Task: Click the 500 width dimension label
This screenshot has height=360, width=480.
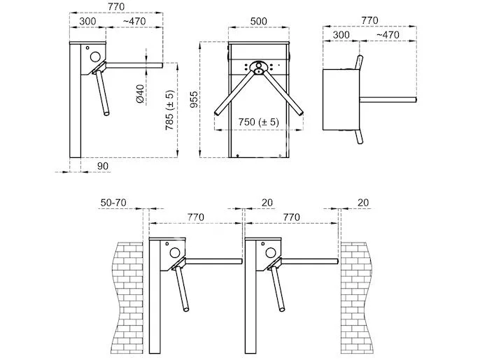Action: click(x=259, y=22)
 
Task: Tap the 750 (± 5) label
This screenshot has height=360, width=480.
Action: click(x=258, y=121)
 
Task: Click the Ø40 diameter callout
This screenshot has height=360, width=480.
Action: click(x=140, y=94)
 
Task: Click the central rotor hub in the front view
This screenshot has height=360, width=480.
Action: click(x=259, y=68)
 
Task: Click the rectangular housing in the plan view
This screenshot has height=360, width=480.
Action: click(x=340, y=99)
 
